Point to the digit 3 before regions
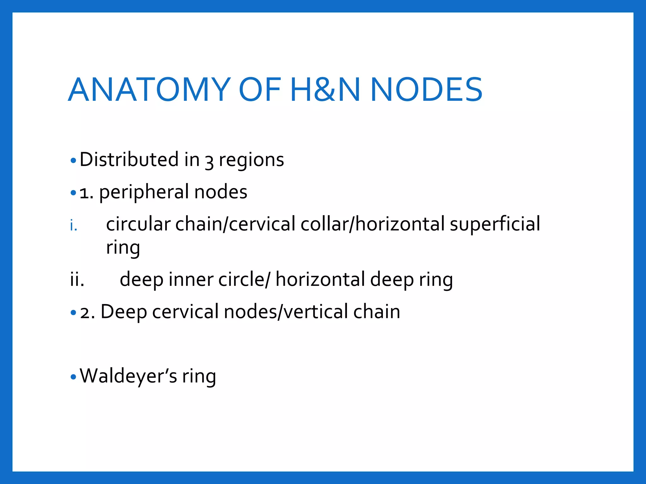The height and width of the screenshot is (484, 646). [209, 161]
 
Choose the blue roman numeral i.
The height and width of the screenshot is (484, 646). [73, 226]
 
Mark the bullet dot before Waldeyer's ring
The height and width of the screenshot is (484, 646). [73, 377]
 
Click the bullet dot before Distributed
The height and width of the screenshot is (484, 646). [73, 161]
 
